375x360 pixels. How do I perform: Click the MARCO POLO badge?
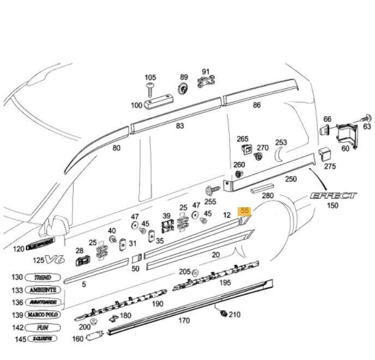[x=45, y=315]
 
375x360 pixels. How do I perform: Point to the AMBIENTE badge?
[x=45, y=290]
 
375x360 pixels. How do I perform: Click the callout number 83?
[x=179, y=126]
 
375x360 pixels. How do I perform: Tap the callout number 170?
[x=184, y=321]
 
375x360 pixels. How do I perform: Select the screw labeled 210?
[x=222, y=313]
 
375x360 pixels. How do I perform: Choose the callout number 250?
[x=291, y=179]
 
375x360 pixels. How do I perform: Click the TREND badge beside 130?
[x=45, y=278]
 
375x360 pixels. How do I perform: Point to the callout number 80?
[x=116, y=148]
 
